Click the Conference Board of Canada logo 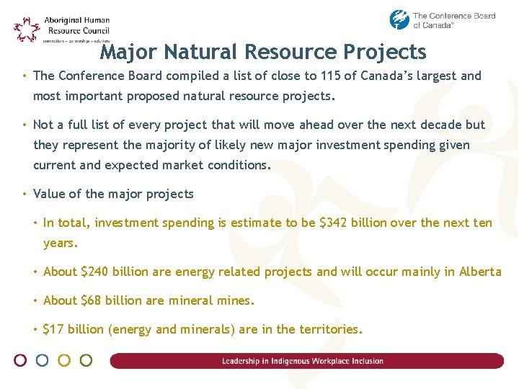click(x=442, y=19)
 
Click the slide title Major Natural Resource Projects click(x=263, y=52)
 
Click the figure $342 click(x=335, y=223)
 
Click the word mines click(x=235, y=300)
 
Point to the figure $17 click(x=53, y=329)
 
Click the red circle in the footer click(x=21, y=360)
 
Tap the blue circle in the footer click(x=43, y=360)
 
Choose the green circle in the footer click(x=86, y=360)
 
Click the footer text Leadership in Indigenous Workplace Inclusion click(x=303, y=361)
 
